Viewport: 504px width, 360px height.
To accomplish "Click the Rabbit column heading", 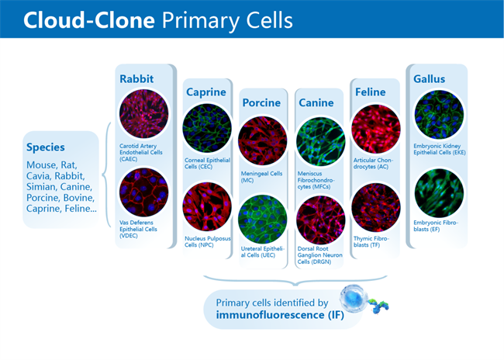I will pyautogui.click(x=137, y=78).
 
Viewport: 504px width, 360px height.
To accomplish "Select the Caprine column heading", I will pyautogui.click(x=205, y=92).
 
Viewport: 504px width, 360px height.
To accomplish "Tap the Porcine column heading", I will pyautogui.click(x=261, y=102).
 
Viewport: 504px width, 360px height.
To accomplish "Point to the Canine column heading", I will pyautogui.click(x=316, y=102).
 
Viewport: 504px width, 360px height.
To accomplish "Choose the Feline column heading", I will pyautogui.click(x=370, y=92).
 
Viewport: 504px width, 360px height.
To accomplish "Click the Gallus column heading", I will pyautogui.click(x=430, y=78).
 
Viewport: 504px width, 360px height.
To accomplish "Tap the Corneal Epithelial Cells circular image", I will pyautogui.click(x=206, y=129).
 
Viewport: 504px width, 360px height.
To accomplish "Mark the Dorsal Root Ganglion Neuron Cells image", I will pyautogui.click(x=320, y=219).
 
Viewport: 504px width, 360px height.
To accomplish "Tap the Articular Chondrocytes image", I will pyautogui.click(x=376, y=128).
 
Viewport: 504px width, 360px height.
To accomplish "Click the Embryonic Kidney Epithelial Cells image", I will pyautogui.click(x=438, y=115).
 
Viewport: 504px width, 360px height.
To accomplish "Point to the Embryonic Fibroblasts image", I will pyautogui.click(x=438, y=192).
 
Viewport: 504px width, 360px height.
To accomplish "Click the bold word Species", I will pyautogui.click(x=46, y=146).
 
